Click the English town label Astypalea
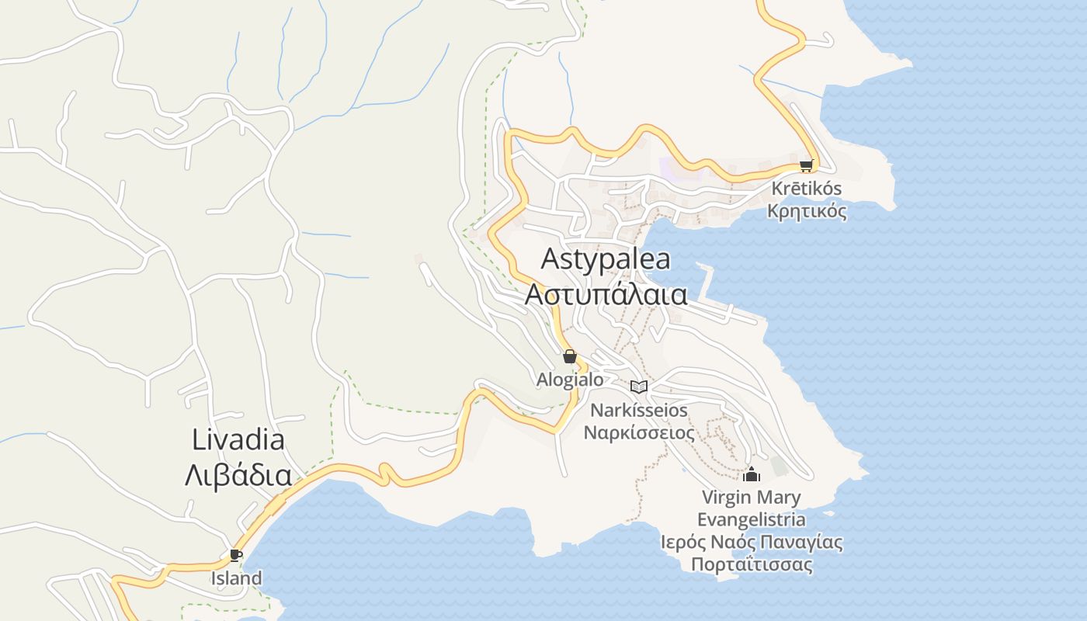(606, 259)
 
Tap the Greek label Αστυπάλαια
(606, 296)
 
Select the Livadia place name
(238, 440)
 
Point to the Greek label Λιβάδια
(238, 475)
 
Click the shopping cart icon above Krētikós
(806, 165)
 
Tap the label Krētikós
(806, 189)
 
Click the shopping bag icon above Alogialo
(570, 356)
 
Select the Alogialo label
(570, 380)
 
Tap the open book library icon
(639, 387)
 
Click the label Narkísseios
(639, 410)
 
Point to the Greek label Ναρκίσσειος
(639, 432)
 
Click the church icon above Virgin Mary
(751, 474)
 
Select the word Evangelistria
(751, 519)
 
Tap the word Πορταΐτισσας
(752, 564)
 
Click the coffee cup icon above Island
(236, 555)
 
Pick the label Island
(236, 578)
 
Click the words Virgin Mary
(751, 498)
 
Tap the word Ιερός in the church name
(680, 542)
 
